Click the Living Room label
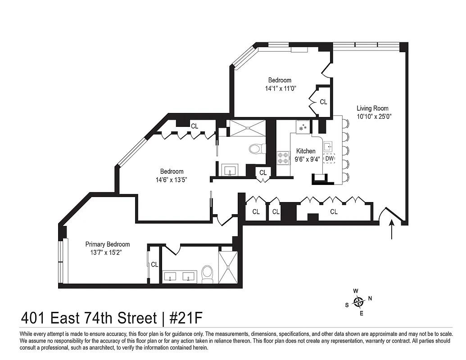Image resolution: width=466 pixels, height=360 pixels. (372, 108)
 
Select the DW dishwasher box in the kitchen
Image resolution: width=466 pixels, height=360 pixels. (330, 159)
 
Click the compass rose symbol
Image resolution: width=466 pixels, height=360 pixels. (358, 301)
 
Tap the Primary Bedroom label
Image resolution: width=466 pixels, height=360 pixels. (108, 244)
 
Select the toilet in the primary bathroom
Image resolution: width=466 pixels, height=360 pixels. (207, 274)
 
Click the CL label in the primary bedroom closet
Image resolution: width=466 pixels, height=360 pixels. (154, 265)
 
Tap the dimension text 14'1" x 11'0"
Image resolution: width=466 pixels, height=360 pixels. (280, 89)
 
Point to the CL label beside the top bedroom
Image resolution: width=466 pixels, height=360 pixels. (323, 102)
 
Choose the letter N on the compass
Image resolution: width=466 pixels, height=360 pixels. (370, 298)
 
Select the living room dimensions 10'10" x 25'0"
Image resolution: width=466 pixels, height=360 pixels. (372, 116)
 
